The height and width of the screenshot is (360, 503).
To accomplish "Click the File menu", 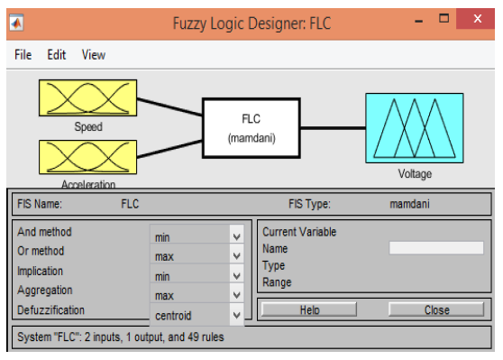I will (x=23, y=55).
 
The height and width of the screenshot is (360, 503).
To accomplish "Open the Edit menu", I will (x=57, y=55).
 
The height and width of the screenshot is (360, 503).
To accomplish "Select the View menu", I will (x=94, y=55).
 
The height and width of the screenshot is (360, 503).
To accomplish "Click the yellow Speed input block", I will (x=87, y=98).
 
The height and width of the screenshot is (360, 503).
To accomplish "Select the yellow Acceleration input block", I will (x=87, y=157).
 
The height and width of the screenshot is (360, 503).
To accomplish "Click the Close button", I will (x=436, y=310).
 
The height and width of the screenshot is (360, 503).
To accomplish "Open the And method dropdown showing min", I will (x=197, y=236).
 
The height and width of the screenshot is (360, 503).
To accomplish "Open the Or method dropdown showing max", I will (x=197, y=256).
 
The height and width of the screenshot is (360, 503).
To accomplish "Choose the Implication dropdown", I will (x=197, y=276).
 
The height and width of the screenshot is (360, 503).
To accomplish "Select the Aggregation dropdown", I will (x=197, y=296).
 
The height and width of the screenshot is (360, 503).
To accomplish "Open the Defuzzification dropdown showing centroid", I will (x=197, y=316).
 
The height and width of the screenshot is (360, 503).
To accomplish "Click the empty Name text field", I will (x=435, y=248).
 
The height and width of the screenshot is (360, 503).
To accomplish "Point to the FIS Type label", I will (x=313, y=204).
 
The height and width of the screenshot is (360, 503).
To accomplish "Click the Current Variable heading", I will (x=298, y=232).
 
